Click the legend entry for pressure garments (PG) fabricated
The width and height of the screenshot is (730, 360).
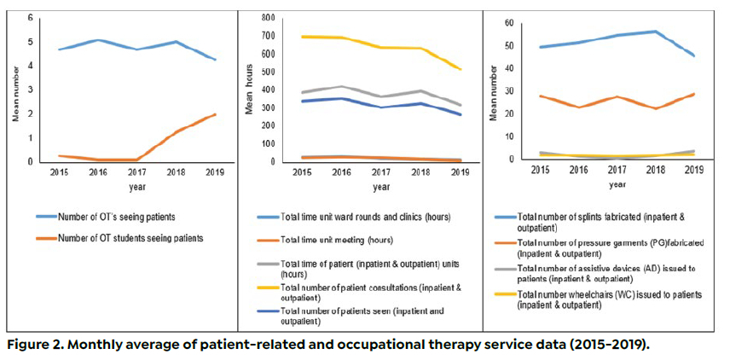pyautogui.click(x=606, y=247)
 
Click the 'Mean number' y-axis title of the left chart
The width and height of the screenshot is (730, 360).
pyautogui.click(x=14, y=92)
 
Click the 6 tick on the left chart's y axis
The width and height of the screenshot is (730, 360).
pyautogui.click(x=31, y=18)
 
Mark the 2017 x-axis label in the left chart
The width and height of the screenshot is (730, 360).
pyautogui.click(x=137, y=171)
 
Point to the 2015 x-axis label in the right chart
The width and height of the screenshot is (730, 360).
pyautogui.click(x=540, y=169)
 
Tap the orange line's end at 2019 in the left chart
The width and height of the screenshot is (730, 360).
pyautogui.click(x=215, y=114)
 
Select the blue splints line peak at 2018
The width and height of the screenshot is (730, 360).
pyautogui.click(x=655, y=32)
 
